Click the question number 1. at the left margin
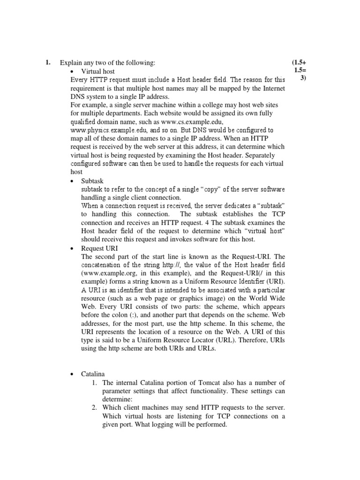coord(48,62)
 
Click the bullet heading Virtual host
coord(97,71)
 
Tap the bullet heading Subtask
coord(92,180)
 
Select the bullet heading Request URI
coord(99,248)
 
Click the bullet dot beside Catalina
coord(72,374)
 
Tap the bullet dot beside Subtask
coord(72,180)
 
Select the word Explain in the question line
coord(70,62)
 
